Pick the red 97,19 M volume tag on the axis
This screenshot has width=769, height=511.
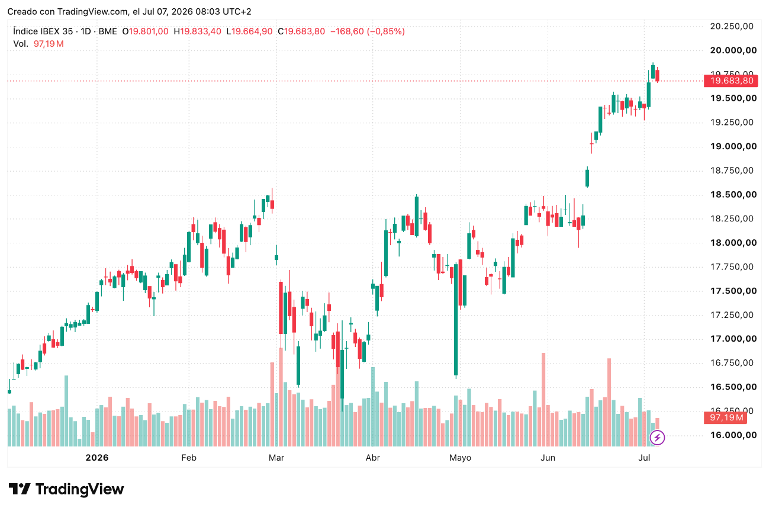(x=725, y=417)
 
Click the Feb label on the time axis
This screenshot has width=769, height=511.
(x=189, y=458)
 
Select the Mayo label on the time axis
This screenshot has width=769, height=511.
(x=460, y=458)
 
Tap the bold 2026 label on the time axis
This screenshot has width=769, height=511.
(x=97, y=458)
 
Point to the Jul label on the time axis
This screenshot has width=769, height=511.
(x=644, y=458)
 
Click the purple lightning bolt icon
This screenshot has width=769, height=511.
(x=657, y=438)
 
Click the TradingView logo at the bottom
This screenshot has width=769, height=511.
(x=66, y=489)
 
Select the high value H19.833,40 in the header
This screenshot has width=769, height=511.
(x=197, y=31)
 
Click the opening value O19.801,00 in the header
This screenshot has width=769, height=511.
(x=145, y=31)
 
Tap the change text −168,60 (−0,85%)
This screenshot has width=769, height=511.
(x=368, y=31)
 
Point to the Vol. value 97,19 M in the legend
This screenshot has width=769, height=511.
(x=49, y=44)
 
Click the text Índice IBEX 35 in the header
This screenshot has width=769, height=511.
(x=43, y=31)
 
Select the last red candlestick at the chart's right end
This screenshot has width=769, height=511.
(x=657, y=75)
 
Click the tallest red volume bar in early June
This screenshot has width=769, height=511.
(x=543, y=400)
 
